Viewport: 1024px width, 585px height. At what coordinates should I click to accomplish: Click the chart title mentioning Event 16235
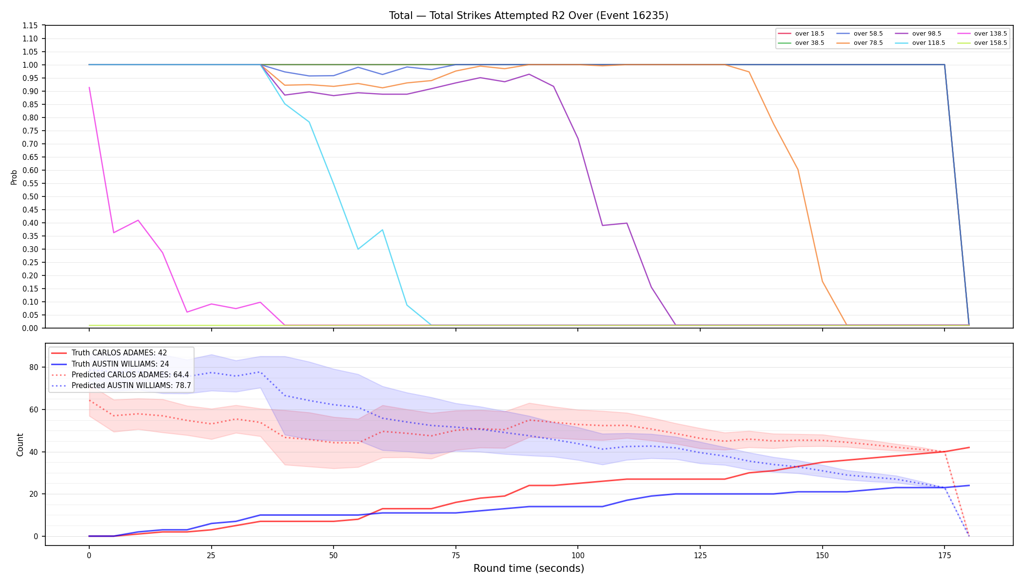click(x=529, y=16)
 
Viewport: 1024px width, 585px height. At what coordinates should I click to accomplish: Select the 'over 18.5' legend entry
click(x=801, y=34)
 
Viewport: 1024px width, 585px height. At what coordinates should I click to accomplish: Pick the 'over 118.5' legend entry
click(x=920, y=43)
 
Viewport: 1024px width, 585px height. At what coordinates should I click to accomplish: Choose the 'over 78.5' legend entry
click(x=860, y=43)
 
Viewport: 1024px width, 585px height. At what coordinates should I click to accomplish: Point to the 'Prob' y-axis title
click(x=14, y=177)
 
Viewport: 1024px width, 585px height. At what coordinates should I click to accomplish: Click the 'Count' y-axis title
click(x=20, y=445)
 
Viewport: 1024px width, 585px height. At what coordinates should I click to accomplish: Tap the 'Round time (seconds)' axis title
click(x=529, y=568)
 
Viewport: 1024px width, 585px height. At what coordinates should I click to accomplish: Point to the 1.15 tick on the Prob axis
click(x=30, y=25)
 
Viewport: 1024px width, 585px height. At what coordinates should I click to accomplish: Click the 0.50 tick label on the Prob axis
click(x=30, y=196)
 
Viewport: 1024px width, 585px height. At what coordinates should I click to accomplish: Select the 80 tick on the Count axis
click(x=34, y=367)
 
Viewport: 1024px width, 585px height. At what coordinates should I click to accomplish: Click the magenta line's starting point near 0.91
click(x=89, y=87)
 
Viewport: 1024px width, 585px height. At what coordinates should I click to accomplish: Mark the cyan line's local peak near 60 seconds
click(x=382, y=230)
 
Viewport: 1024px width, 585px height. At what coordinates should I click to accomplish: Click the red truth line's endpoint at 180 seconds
click(x=969, y=448)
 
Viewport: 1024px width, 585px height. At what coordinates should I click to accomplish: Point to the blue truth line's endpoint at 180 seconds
click(x=969, y=486)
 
